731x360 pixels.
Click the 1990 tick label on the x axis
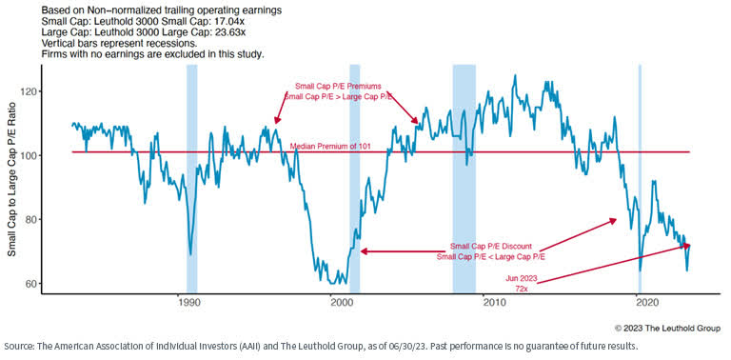[188, 303]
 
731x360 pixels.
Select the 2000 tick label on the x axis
[341, 303]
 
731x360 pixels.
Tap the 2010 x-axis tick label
[493, 303]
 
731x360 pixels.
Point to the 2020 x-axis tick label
[646, 303]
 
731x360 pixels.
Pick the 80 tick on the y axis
[56, 219]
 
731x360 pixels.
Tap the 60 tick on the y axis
[56, 283]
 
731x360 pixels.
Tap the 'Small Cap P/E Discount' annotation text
[489, 245]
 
